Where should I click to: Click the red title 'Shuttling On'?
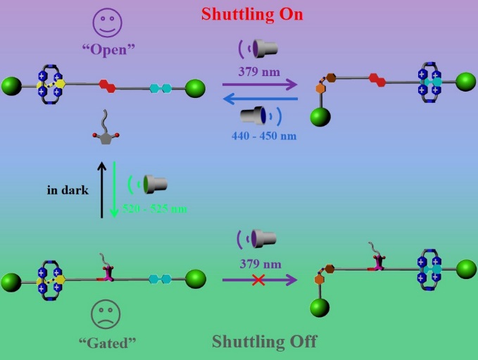[x=252, y=13]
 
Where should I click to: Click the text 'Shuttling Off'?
[x=264, y=342]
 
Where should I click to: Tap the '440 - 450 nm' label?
[x=263, y=136]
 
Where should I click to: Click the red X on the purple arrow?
[x=258, y=280]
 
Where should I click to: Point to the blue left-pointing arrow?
[x=259, y=101]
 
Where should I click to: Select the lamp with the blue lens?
[x=254, y=116]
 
